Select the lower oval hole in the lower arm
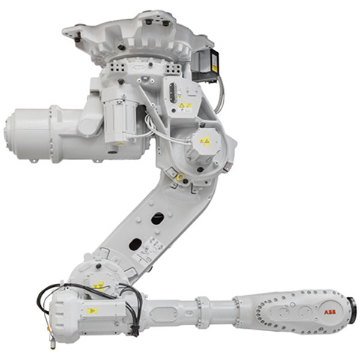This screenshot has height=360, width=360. click(135, 245)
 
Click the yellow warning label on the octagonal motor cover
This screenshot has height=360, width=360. click(205, 142)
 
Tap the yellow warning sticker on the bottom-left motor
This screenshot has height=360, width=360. click(92, 311)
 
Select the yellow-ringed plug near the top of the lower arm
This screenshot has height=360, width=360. click(179, 178)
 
